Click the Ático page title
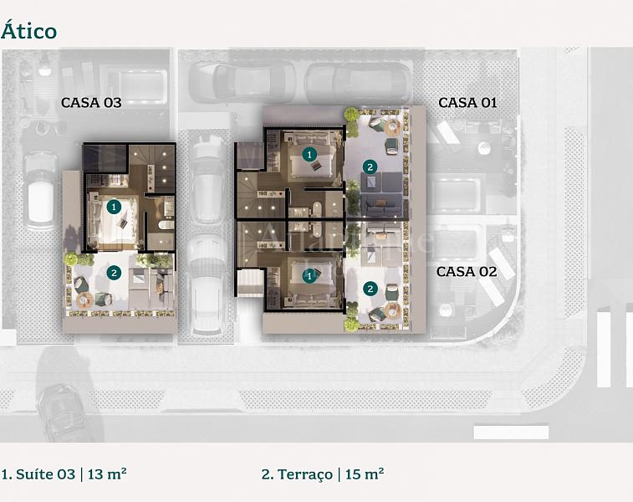[x=28, y=31]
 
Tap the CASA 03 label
[x=91, y=103]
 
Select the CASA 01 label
[x=467, y=103]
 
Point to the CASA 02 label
[x=467, y=271]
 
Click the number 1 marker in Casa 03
[x=114, y=207]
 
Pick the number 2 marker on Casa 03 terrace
[x=114, y=273]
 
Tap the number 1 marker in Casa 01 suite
[x=309, y=154]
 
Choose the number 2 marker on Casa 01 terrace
[x=370, y=166]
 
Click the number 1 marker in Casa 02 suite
[x=309, y=276]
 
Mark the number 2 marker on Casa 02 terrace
[x=370, y=289]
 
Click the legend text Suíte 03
[x=45, y=474]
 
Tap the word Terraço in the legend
[x=305, y=474]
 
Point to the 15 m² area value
[x=365, y=474]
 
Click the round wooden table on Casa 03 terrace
[x=84, y=300]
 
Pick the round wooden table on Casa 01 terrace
[x=392, y=127]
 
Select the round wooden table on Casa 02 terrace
[x=392, y=310]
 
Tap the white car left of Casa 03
[x=40, y=191]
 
